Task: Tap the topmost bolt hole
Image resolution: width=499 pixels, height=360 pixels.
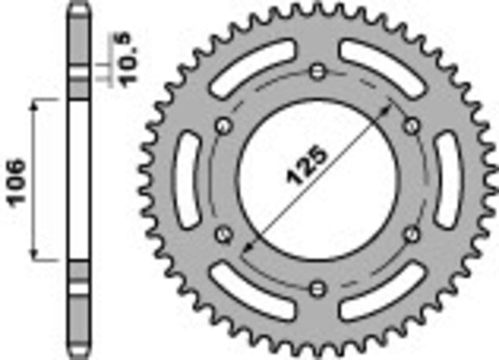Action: tap(319, 71)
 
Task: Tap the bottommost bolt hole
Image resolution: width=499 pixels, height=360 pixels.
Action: tap(319, 288)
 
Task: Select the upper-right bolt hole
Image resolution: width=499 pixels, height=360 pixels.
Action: tap(412, 126)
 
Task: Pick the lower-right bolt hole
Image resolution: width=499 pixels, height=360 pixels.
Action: tap(412, 234)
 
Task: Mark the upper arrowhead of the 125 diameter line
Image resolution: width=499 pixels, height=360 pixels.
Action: tap(391, 107)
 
